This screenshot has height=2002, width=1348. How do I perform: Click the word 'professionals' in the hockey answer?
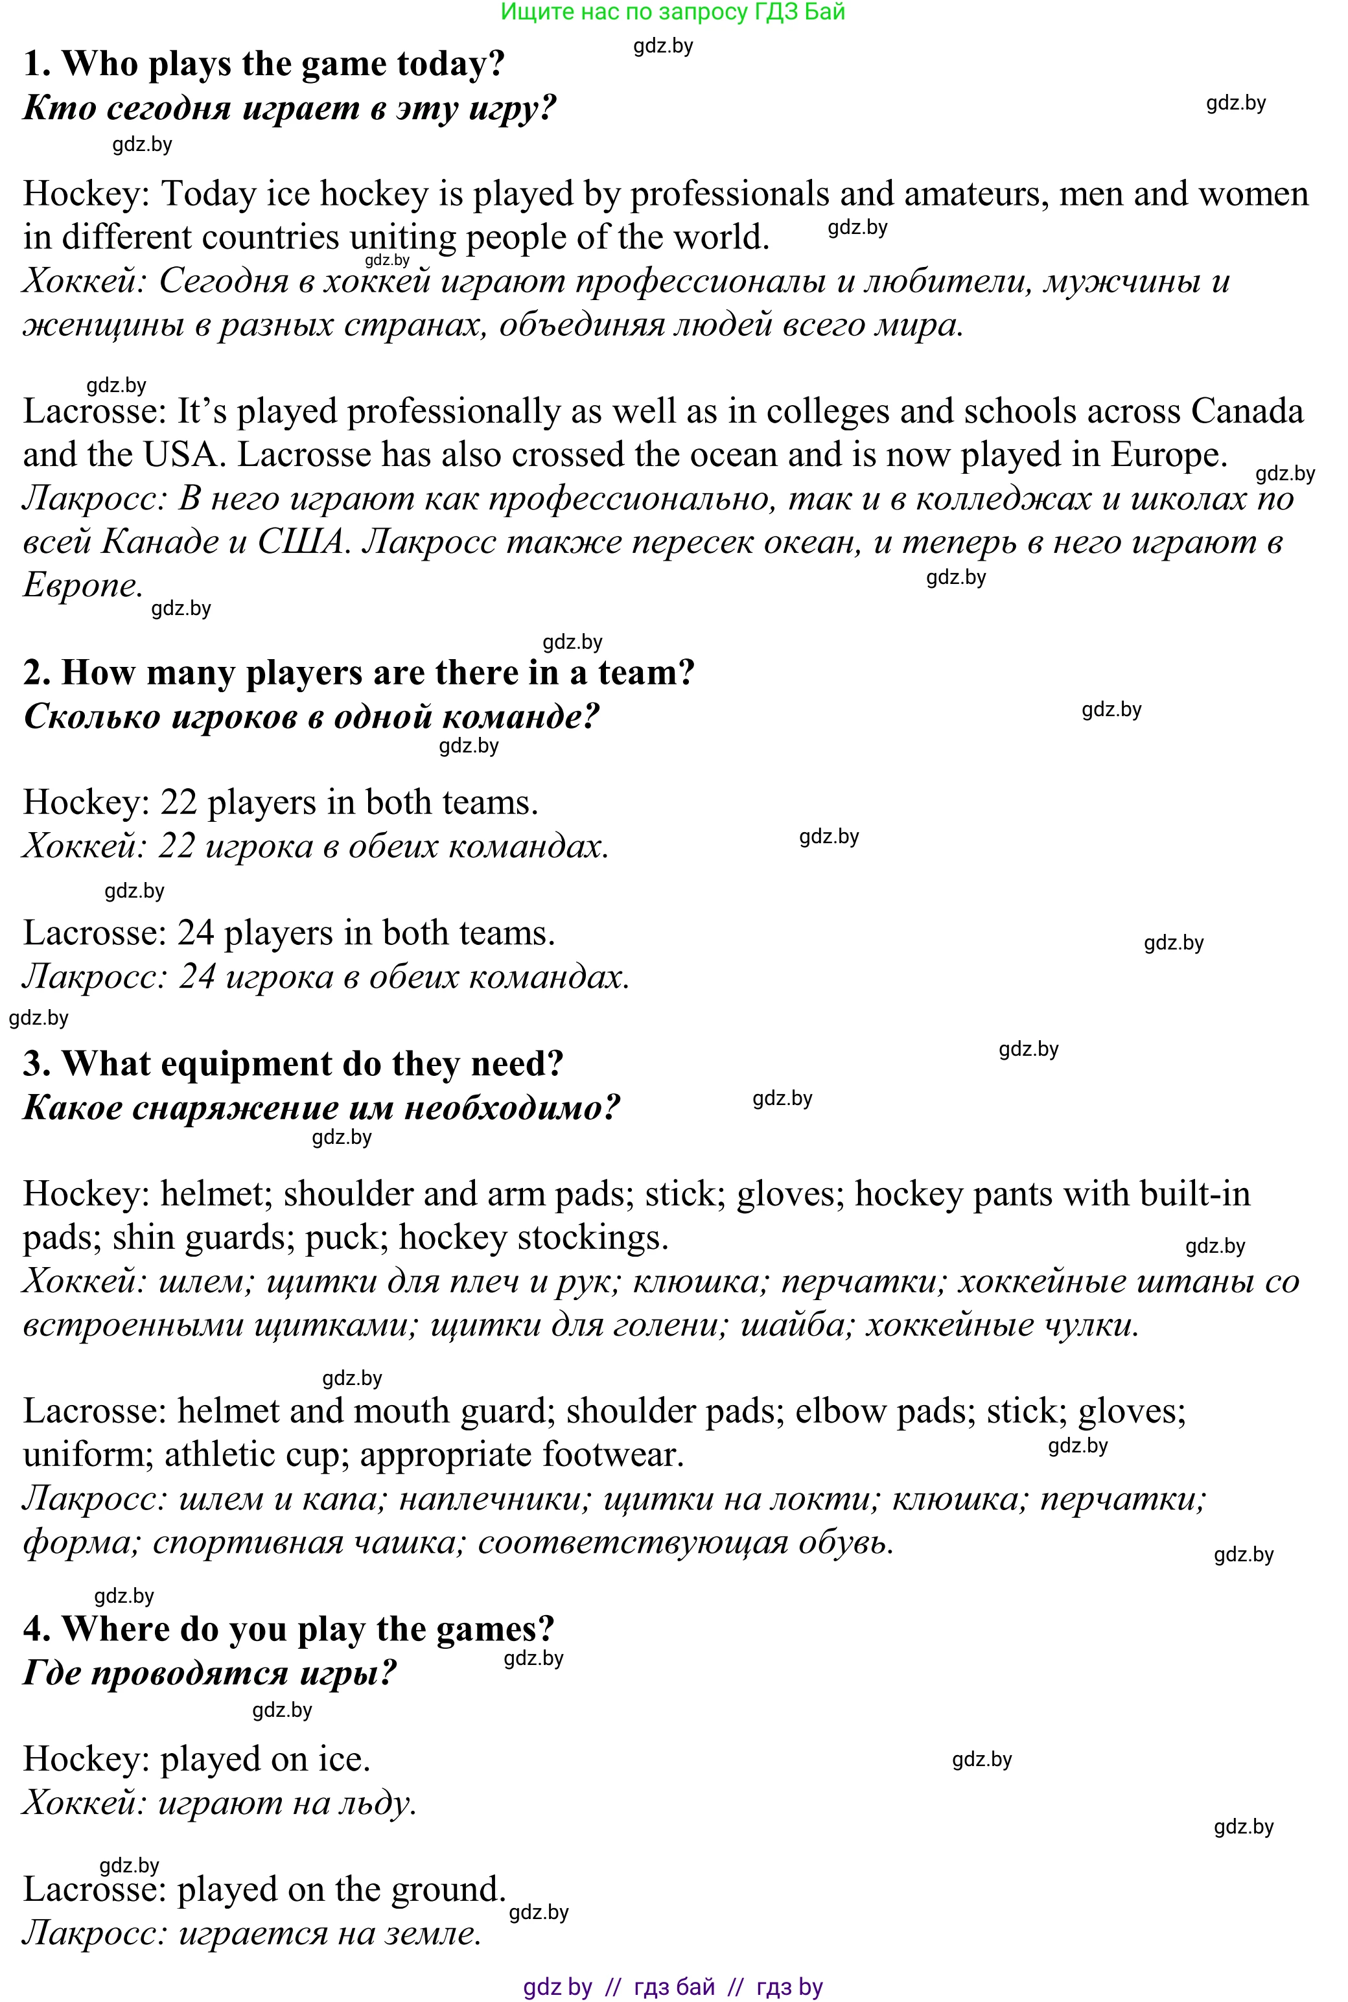pos(729,194)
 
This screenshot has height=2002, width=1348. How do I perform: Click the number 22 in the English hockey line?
pos(179,803)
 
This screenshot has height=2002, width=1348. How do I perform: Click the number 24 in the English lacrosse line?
pos(195,933)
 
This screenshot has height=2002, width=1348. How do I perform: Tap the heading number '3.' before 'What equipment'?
pos(37,1064)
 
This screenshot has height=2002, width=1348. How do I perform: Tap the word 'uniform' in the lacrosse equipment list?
pos(87,1455)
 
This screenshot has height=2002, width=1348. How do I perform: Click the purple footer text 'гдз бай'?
pos(675,1986)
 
